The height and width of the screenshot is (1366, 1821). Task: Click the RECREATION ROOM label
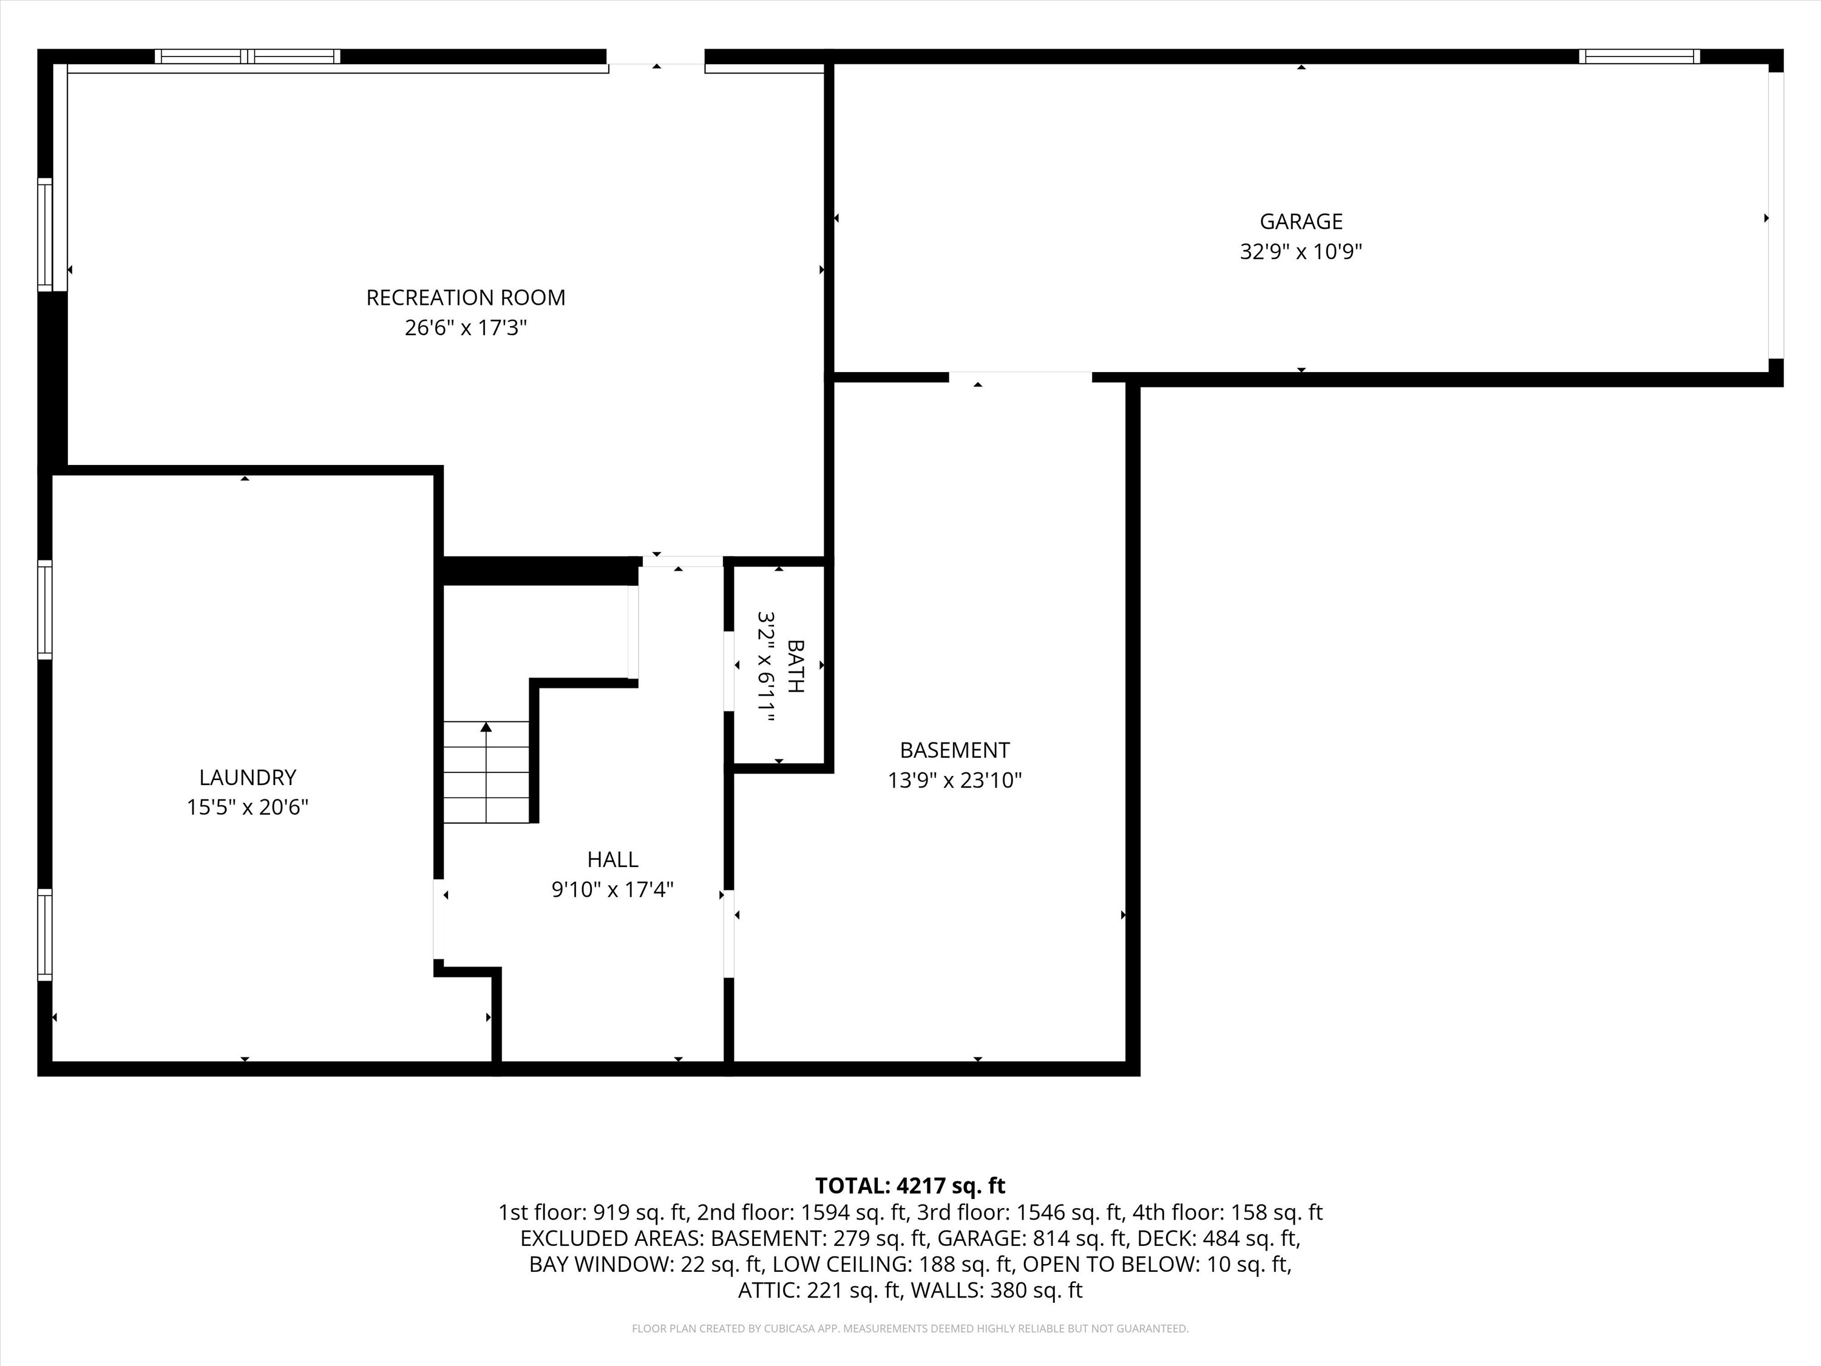click(466, 297)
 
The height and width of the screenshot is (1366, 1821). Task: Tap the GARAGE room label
click(1301, 222)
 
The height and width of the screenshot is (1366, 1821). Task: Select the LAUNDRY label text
click(248, 777)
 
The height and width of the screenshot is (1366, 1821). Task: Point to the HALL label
click(612, 860)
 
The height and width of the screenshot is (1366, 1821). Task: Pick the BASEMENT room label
click(955, 750)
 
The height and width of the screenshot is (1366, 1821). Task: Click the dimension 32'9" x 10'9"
click(1301, 251)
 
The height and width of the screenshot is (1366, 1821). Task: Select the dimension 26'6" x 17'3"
click(466, 328)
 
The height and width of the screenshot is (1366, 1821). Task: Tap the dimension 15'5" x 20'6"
click(248, 807)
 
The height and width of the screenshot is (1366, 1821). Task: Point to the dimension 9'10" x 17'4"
click(612, 889)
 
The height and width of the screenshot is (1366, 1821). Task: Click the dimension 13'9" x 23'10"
click(955, 780)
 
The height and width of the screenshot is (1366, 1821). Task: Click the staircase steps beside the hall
click(487, 772)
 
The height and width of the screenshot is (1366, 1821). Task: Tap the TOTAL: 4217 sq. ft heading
click(910, 1186)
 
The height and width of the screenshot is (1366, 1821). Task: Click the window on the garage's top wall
click(1639, 56)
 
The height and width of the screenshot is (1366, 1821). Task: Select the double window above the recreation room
click(248, 56)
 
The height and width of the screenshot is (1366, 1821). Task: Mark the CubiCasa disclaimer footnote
click(910, 1328)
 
